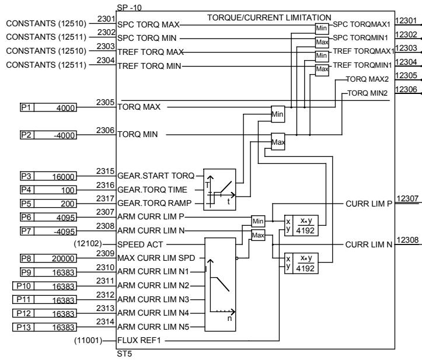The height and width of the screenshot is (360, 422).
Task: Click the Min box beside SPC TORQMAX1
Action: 322,28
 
